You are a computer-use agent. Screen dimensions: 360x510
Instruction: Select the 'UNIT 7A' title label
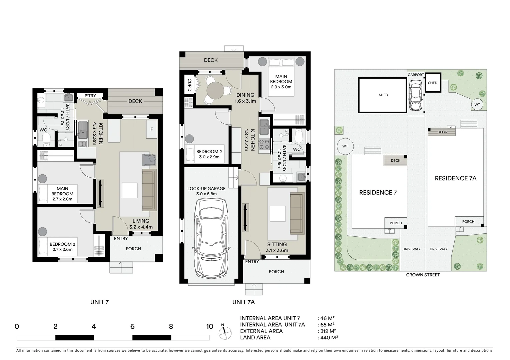coord(243,302)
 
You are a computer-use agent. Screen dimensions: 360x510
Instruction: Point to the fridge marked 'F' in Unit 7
coord(151,129)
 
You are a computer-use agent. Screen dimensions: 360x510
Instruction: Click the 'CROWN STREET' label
coord(423,275)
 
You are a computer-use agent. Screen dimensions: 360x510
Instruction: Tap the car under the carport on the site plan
coord(415,97)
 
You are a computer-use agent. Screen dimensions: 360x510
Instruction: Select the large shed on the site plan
coord(383,95)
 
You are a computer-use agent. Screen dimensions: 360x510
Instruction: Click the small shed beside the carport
coord(432,83)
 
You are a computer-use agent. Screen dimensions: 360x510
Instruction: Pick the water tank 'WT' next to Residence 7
coord(345,146)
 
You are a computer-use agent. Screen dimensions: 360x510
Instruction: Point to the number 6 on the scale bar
coord(132,327)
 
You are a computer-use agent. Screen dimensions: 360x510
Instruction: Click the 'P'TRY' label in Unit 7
coord(90,96)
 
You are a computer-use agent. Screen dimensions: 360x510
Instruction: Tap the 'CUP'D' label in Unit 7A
coord(189,85)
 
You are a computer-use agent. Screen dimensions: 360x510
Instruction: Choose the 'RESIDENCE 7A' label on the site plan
coord(455,178)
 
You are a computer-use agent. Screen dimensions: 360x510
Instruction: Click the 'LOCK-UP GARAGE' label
coord(206,189)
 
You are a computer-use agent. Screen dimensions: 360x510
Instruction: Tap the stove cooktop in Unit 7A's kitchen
coord(264,144)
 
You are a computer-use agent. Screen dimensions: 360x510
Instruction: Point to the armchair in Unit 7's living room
coord(149,160)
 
